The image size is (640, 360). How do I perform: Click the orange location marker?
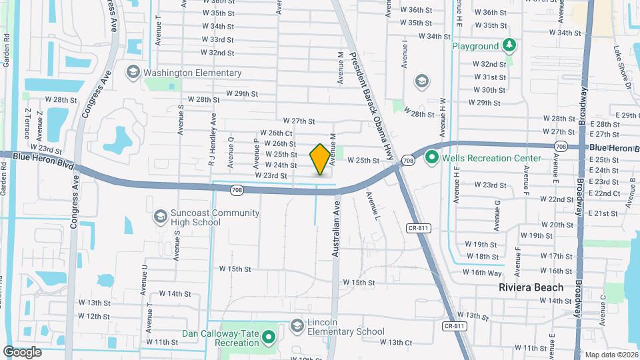click(320, 159)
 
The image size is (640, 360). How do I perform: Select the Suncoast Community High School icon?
click(160, 217)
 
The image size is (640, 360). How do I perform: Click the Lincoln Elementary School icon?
click(297, 325)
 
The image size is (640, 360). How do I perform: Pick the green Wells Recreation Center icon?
click(431, 158)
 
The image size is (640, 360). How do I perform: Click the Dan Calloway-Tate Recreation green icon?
click(269, 338)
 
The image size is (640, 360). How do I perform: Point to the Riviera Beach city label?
click(531, 287)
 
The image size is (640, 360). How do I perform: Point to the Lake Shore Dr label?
click(621, 67)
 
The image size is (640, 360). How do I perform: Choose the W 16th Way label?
click(486, 272)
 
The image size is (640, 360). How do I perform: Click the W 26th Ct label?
click(275, 133)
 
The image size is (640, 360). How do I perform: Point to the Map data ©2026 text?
click(611, 355)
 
